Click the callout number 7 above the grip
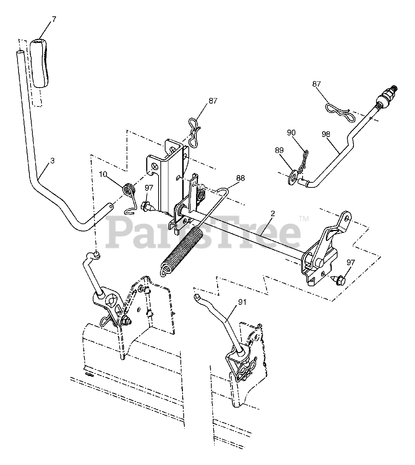[54, 19]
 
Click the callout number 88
[240, 178]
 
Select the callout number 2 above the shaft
[272, 214]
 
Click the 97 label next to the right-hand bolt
[350, 263]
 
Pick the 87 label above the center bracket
[213, 101]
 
